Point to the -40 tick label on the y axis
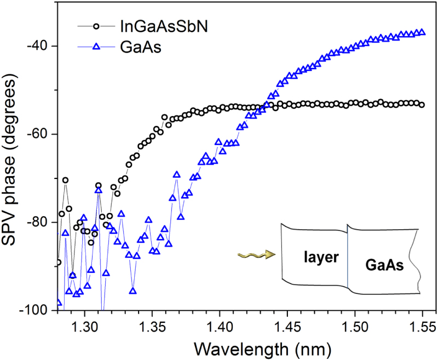(x=40, y=45)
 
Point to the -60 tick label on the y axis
(x=40, y=134)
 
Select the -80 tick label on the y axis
(x=40, y=222)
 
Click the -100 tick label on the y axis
(x=37, y=310)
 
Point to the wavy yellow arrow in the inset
(x=256, y=254)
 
